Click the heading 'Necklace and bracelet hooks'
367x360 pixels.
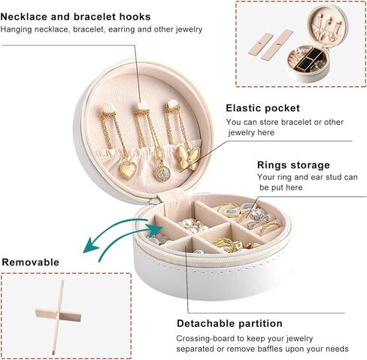[75, 17]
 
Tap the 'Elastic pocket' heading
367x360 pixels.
[262, 108]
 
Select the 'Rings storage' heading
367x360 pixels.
[293, 165]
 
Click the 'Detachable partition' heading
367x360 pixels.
[229, 323]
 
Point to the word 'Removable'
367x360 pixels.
[31, 262]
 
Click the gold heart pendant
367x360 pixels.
[128, 170]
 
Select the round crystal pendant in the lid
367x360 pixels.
[162, 173]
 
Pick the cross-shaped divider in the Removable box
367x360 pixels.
[59, 316]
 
